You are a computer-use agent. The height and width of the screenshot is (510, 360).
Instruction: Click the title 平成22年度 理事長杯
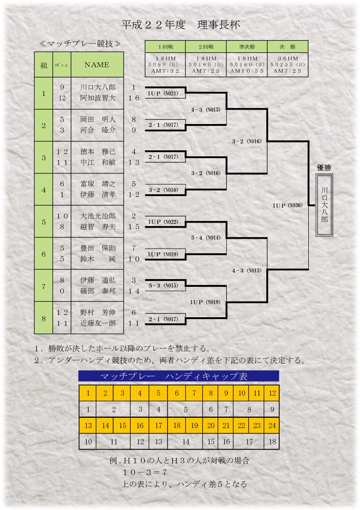(x=180, y=25)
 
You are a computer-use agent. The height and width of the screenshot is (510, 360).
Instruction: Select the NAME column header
(x=97, y=65)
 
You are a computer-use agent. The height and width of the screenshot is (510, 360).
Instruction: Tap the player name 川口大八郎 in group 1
(x=98, y=87)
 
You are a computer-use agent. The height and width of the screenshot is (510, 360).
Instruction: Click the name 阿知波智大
(x=98, y=98)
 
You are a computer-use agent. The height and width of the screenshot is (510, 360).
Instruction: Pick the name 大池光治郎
(x=98, y=216)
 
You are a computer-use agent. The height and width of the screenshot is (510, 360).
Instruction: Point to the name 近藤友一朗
(x=98, y=323)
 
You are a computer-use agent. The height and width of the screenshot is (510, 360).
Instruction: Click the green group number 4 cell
(x=44, y=190)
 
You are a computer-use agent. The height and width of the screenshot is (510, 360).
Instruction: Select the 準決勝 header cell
(x=247, y=47)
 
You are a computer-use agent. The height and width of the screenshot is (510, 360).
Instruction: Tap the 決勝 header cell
(x=288, y=47)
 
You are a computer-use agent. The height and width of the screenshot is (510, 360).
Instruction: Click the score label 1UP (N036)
(x=288, y=206)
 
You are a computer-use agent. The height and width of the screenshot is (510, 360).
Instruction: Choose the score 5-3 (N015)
(x=163, y=285)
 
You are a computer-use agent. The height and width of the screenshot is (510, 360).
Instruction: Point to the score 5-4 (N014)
(x=206, y=238)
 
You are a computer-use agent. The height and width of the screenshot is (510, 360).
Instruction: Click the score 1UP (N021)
(x=163, y=94)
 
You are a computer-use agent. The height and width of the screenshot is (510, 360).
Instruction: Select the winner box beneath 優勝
(x=324, y=205)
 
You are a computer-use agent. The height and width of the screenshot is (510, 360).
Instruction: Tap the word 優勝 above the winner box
(x=324, y=168)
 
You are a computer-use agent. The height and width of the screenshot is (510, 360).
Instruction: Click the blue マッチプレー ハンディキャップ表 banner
(x=179, y=376)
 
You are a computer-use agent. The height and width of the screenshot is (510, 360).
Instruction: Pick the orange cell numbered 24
(x=272, y=426)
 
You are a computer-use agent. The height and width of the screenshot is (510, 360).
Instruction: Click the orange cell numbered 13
(x=88, y=426)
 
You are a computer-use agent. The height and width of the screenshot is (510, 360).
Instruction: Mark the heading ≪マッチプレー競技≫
(x=80, y=44)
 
